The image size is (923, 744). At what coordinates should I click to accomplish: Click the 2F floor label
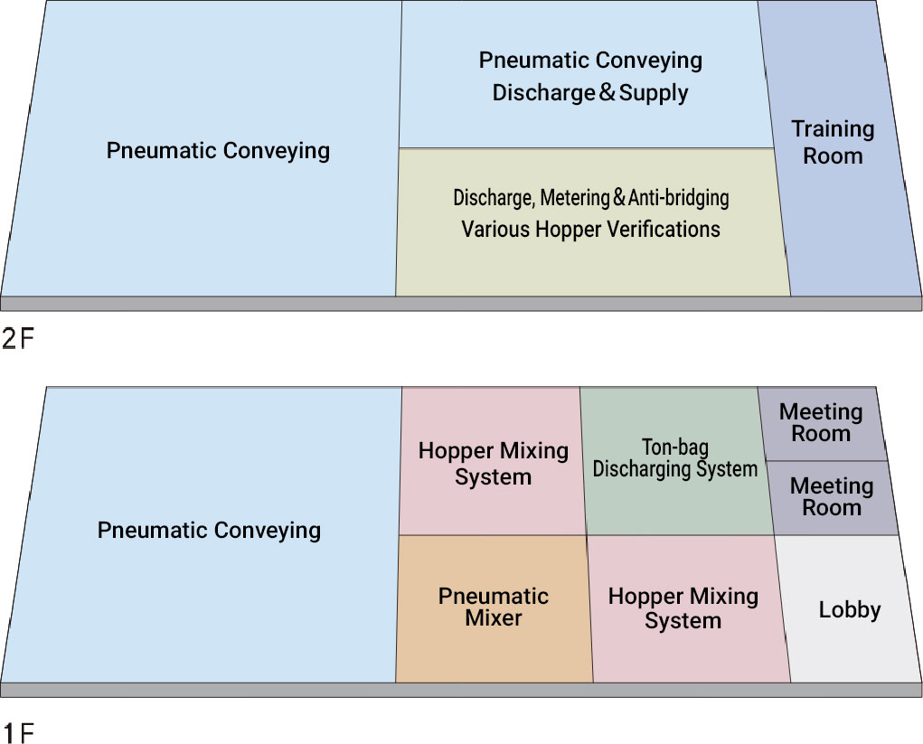pyautogui.click(x=17, y=341)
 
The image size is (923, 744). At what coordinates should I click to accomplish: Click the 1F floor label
pyautogui.click(x=17, y=730)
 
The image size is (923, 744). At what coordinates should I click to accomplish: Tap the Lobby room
pyautogui.click(x=849, y=609)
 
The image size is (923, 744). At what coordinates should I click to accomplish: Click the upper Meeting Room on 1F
pyautogui.click(x=821, y=423)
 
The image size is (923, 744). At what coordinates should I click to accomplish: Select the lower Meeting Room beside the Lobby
pyautogui.click(x=832, y=497)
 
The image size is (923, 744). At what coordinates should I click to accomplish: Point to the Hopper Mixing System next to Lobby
pyautogui.click(x=683, y=608)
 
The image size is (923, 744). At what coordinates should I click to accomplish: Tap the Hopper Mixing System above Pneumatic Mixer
pyautogui.click(x=493, y=463)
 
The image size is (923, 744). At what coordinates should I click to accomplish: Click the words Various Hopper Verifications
pyautogui.click(x=590, y=229)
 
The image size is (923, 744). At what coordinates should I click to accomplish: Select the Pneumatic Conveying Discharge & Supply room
pyautogui.click(x=590, y=76)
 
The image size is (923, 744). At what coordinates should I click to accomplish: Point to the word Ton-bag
pyautogui.click(x=675, y=447)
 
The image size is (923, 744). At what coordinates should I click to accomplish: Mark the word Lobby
pyautogui.click(x=849, y=609)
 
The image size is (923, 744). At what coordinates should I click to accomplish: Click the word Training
pyautogui.click(x=833, y=129)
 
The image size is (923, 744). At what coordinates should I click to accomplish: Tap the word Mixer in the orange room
pyautogui.click(x=494, y=619)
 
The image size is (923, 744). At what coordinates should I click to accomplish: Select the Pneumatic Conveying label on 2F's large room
pyautogui.click(x=218, y=150)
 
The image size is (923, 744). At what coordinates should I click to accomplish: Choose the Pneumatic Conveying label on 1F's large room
pyautogui.click(x=209, y=530)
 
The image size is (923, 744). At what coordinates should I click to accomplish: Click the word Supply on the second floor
pyautogui.click(x=652, y=92)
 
